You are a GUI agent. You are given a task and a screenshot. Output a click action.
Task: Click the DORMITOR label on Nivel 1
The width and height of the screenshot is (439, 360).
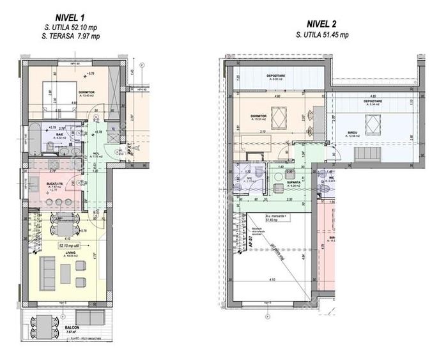(x=88, y=92)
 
